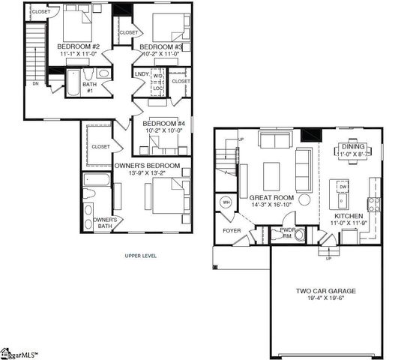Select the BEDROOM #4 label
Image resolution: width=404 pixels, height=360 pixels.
tap(164, 123)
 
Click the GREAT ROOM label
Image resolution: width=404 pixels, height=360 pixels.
tap(271, 197)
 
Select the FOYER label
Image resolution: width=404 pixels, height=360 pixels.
tap(232, 230)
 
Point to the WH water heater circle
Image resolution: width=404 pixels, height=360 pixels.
tap(226, 202)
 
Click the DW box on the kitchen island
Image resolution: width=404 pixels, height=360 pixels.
tap(342, 187)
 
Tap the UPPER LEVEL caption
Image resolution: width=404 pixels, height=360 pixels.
tap(141, 256)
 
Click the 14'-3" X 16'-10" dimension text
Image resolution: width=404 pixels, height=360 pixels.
tap(271, 205)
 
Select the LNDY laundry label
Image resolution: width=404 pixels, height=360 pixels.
tap(142, 74)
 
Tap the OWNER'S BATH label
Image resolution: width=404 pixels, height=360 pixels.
tap(105, 223)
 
